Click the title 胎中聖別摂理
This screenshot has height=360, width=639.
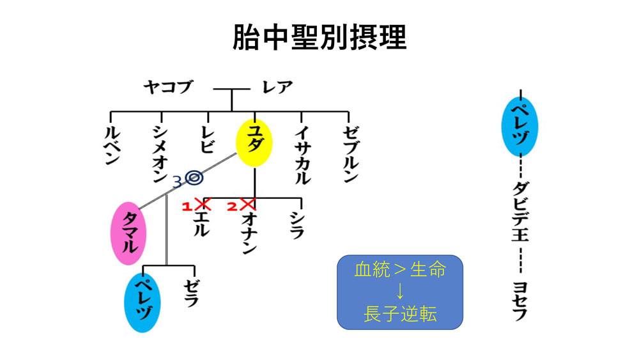[319, 37]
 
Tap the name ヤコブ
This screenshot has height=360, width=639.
[168, 87]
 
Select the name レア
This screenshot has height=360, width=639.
[277, 87]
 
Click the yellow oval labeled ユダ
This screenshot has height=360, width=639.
[254, 143]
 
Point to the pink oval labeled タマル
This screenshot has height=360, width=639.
[129, 233]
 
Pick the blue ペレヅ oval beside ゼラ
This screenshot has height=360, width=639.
[142, 302]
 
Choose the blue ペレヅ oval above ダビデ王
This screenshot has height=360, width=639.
[520, 127]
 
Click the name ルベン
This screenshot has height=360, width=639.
[112, 145]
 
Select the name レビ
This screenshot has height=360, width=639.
[207, 139]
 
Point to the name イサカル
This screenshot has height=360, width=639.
[302, 155]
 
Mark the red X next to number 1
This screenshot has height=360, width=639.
[203, 204]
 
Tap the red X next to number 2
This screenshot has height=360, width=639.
[248, 204]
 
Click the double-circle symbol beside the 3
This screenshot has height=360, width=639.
[194, 178]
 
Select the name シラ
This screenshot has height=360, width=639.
[296, 224]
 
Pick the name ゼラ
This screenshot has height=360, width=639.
[190, 293]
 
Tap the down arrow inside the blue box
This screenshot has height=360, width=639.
[400, 291]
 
